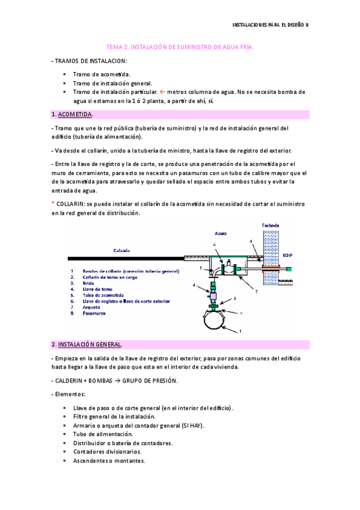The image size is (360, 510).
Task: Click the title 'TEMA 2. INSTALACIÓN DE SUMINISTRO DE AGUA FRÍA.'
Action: point(180,46)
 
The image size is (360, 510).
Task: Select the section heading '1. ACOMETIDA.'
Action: point(72,114)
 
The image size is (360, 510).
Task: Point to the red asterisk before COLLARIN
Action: point(53,204)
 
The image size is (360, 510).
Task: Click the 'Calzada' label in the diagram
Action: point(122,250)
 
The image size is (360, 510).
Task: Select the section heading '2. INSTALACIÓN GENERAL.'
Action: point(87,345)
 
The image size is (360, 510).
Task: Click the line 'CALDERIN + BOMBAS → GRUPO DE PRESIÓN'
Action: point(106,381)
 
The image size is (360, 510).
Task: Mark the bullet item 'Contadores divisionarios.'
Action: point(108,452)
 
